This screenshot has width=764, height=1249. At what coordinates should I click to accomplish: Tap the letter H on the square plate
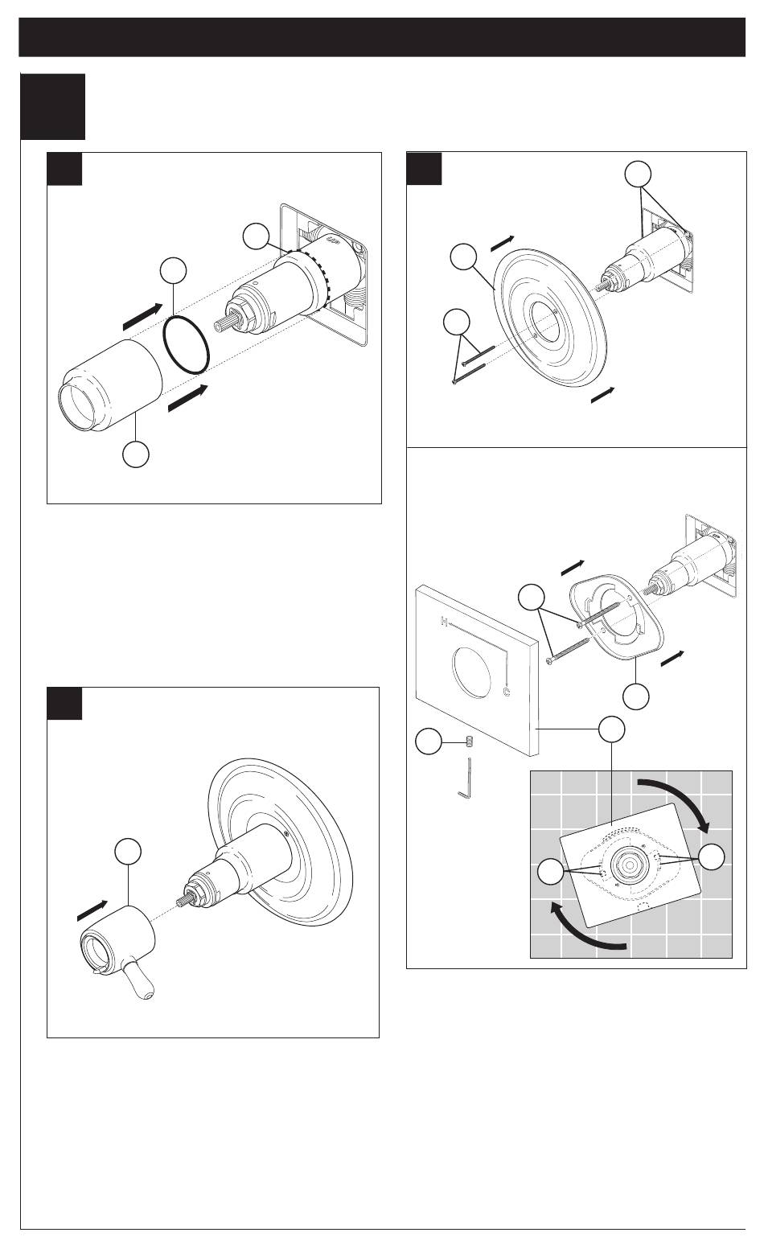pyautogui.click(x=444, y=621)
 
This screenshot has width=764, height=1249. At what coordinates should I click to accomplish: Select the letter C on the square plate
pyautogui.click(x=507, y=692)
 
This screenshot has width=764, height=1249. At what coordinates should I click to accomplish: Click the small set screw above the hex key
pyautogui.click(x=469, y=742)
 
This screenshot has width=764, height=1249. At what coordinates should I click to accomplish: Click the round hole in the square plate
pyautogui.click(x=472, y=672)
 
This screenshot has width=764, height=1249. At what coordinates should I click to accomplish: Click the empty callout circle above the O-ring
pyautogui.click(x=173, y=270)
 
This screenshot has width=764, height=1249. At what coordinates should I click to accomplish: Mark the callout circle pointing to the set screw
pyautogui.click(x=429, y=742)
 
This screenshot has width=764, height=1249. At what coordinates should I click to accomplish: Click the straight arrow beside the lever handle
pyautogui.click(x=92, y=910)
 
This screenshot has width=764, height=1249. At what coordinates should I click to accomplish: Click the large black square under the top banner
pyautogui.click(x=53, y=106)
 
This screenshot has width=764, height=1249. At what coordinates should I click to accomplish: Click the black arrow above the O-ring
pyautogui.click(x=143, y=316)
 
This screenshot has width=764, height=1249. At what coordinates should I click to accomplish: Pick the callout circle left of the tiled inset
pyautogui.click(x=551, y=872)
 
